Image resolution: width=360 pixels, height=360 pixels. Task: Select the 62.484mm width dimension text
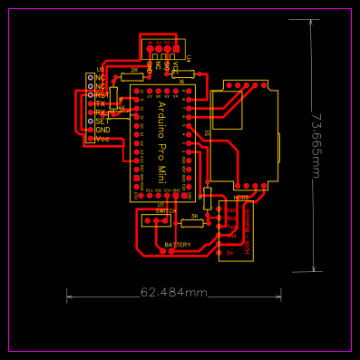174,293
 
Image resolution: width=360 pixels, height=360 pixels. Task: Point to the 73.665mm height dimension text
316,145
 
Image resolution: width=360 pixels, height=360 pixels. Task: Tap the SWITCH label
166,210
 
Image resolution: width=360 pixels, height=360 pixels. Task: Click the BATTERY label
178,245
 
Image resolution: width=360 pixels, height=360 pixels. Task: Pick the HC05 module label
241,198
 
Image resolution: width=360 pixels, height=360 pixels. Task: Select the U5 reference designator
101,69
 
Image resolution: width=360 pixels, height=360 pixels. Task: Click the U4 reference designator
189,58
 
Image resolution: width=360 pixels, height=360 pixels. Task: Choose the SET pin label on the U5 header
102,121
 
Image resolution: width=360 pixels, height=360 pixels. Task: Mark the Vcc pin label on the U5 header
102,139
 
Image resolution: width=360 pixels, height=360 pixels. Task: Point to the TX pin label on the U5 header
101,103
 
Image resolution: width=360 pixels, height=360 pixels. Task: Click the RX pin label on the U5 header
101,112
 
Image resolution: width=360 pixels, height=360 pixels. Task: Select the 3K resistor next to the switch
194,216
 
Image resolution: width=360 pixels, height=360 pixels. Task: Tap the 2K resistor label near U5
134,70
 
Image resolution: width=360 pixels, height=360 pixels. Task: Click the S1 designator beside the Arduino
207,133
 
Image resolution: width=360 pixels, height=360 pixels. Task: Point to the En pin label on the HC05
231,252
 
